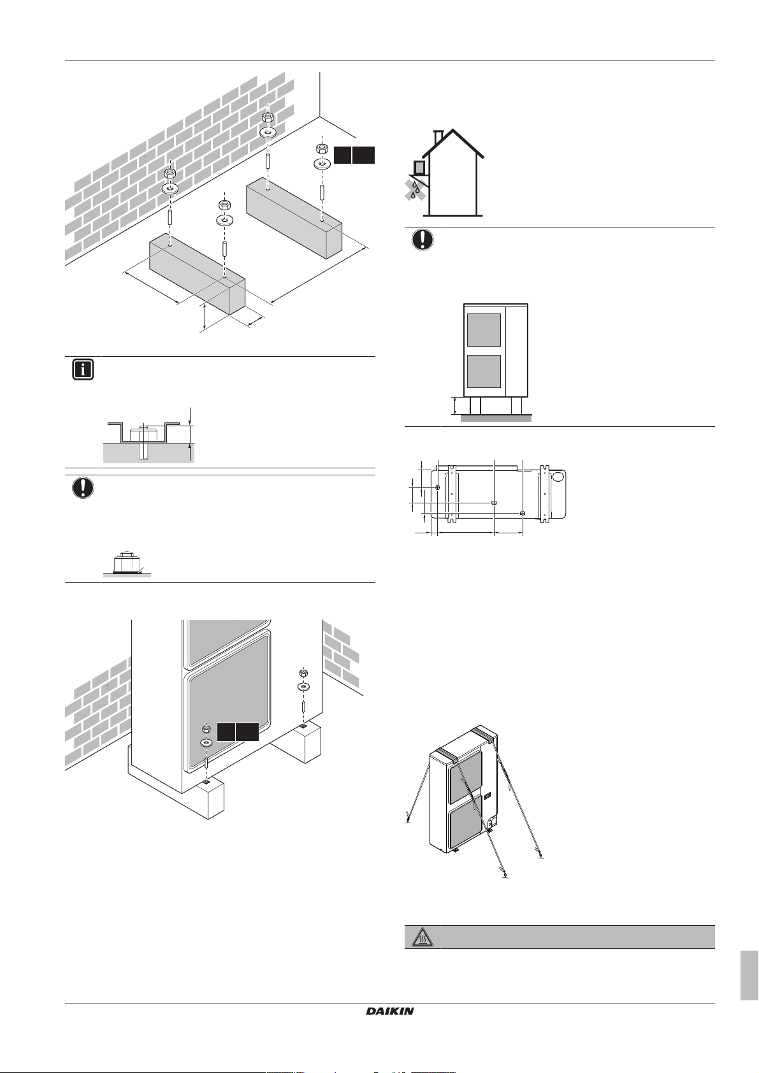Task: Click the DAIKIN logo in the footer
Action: click(389, 1011)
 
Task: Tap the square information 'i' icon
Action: click(83, 370)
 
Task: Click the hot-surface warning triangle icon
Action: click(422, 937)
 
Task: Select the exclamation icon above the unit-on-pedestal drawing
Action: click(422, 240)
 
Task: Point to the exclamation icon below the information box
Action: click(83, 488)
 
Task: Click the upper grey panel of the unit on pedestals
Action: click(484, 330)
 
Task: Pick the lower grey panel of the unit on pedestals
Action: click(484, 371)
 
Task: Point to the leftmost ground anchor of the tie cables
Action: click(408, 820)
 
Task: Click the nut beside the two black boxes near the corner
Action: click(322, 149)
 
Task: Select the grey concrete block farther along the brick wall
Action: click(294, 218)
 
